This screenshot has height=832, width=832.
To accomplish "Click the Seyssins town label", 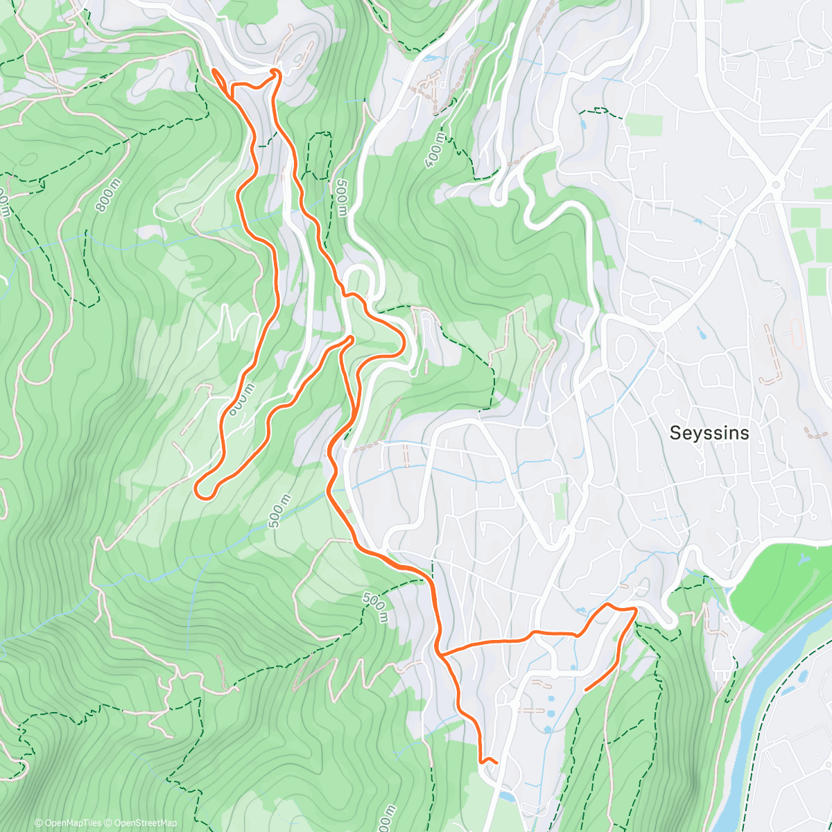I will point(709,433).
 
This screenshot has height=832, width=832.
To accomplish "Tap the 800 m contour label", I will point(108,195).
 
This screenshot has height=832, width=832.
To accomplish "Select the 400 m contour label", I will point(435,147).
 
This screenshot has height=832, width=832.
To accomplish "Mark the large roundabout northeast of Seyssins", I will point(774,184).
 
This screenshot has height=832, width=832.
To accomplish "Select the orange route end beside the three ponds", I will point(587,690).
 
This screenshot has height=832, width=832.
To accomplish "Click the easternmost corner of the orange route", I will point(635,609).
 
